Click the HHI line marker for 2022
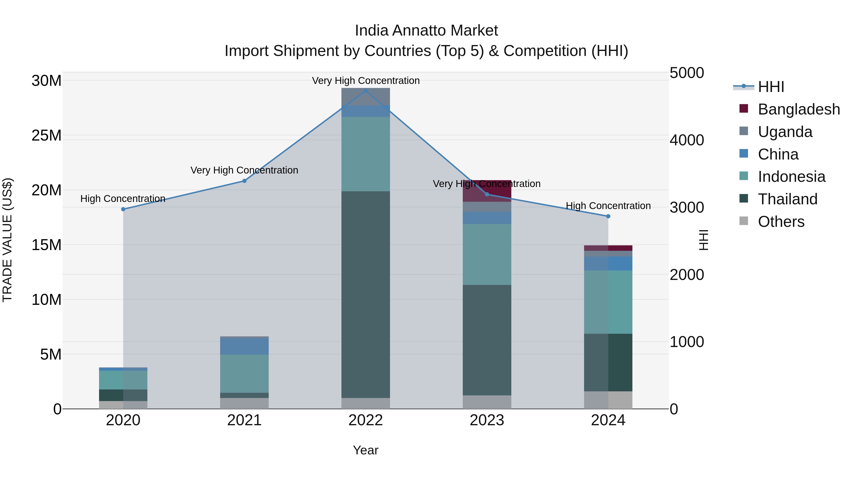point(366,91)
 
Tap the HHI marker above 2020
point(123,209)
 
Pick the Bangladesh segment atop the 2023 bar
point(487,191)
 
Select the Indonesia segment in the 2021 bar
point(244,373)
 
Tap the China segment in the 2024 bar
point(608,263)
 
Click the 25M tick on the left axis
point(46,136)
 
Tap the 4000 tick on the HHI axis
point(686,140)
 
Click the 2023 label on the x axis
point(487,420)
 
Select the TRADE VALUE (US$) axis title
point(7,240)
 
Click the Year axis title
point(366,450)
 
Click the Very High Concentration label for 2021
point(244,170)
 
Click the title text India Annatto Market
point(426,31)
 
